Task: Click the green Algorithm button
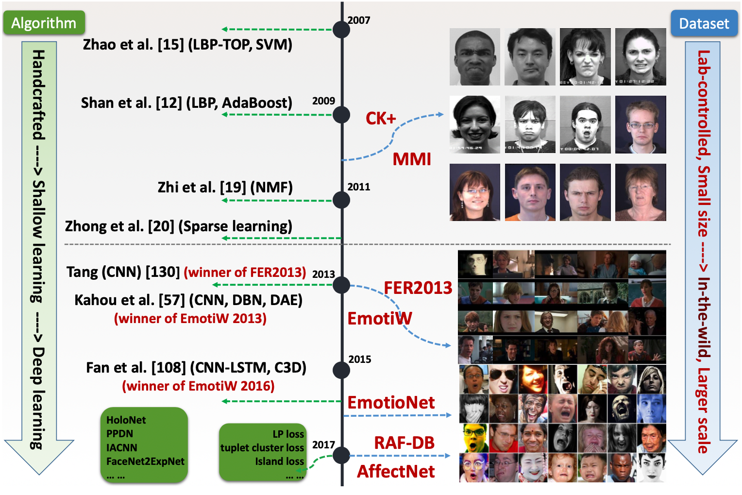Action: [x=44, y=23]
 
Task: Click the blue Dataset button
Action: [x=704, y=23]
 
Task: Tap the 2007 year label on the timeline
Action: [x=359, y=20]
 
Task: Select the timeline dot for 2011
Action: [x=341, y=200]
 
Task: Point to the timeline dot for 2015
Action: [x=341, y=370]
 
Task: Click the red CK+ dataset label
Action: [x=381, y=118]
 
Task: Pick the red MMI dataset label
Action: [x=412, y=159]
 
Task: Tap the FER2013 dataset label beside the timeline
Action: [x=418, y=288]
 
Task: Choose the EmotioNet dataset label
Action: [x=391, y=402]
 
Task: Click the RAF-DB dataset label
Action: [x=404, y=443]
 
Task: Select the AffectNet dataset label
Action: [x=396, y=471]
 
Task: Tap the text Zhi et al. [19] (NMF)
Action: [x=225, y=188]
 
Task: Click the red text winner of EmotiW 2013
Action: [x=190, y=319]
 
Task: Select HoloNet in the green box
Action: [x=126, y=420]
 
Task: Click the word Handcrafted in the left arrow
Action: [x=38, y=95]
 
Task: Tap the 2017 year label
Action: [x=323, y=444]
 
